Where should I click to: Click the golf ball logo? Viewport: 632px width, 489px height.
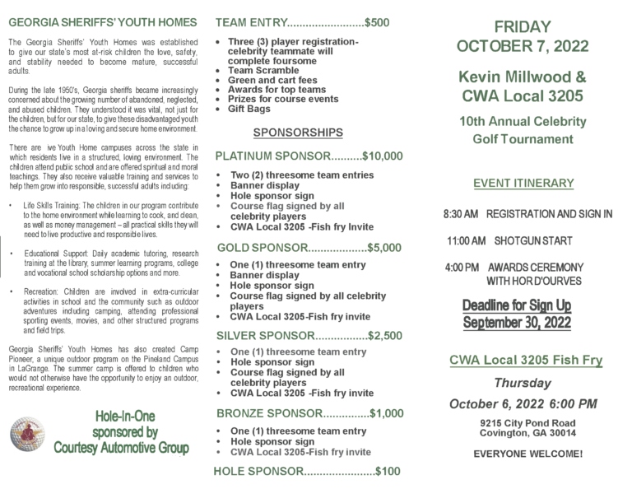[x=27, y=434]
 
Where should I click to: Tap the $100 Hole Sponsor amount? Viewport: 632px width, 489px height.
[x=388, y=472]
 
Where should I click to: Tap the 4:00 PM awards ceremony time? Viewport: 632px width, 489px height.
[x=462, y=268]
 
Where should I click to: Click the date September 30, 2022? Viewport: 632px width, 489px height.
[x=516, y=322]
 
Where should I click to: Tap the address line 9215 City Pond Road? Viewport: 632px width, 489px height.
[x=528, y=423]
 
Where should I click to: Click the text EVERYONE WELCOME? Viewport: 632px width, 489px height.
[x=528, y=454]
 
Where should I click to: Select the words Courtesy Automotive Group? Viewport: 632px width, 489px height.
[x=121, y=448]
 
